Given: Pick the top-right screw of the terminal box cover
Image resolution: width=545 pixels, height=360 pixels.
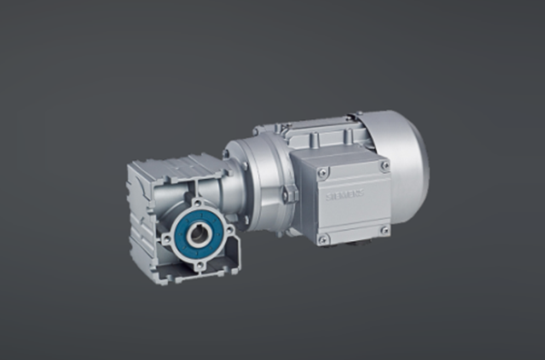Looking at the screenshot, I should pyautogui.click(x=385, y=165).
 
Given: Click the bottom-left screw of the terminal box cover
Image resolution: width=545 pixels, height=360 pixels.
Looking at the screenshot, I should pyautogui.click(x=323, y=238).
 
